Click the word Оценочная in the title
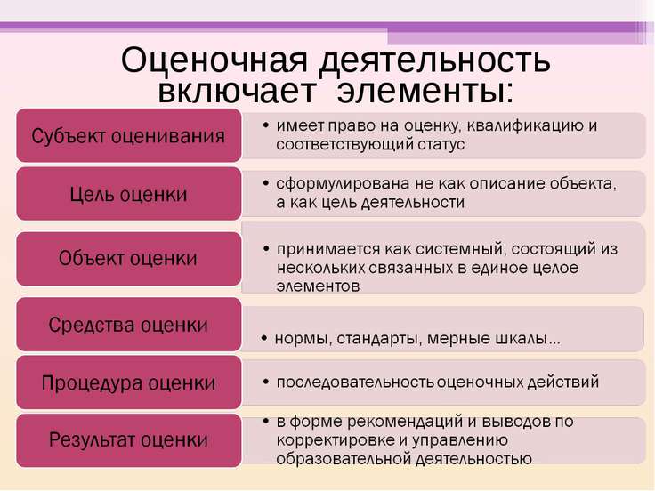click(214, 60)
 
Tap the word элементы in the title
click(425, 91)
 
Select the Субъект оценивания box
click(129, 135)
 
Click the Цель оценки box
click(129, 194)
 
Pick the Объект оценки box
click(129, 259)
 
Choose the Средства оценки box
click(129, 325)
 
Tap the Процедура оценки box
click(129, 382)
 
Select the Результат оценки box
click(129, 440)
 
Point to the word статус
click(441, 144)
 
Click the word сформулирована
click(343, 184)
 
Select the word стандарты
click(379, 339)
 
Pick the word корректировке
click(335, 440)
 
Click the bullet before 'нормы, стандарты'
click(264, 338)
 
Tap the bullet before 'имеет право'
click(266, 125)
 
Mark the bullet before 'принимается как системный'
click(266, 249)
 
